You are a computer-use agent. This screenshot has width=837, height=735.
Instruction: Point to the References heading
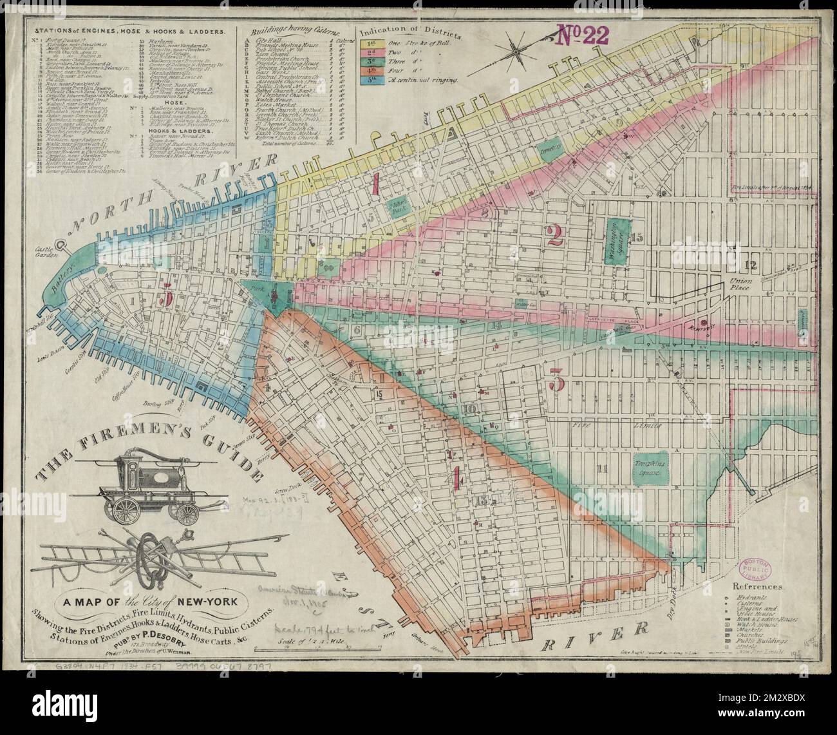pos(757,587)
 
